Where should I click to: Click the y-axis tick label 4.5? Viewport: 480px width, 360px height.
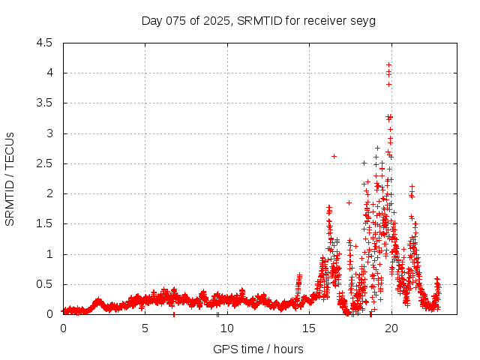[43, 43]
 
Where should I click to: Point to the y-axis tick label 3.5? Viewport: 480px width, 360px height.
[43, 103]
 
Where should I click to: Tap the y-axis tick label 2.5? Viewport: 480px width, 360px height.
[43, 163]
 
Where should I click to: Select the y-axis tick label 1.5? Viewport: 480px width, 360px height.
[43, 223]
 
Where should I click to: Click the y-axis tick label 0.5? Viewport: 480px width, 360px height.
[43, 284]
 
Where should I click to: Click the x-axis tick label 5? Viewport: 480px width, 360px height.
[145, 328]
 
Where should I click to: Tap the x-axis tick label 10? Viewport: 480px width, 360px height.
[227, 328]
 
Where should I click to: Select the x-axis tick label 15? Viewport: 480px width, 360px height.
[309, 328]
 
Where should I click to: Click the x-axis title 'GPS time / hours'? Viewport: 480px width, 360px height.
[258, 349]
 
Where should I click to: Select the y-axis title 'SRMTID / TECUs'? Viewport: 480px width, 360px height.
[10, 178]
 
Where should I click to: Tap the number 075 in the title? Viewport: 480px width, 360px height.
[175, 20]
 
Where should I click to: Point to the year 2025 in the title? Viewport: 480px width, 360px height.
[218, 20]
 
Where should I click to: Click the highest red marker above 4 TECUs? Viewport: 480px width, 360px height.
[388, 64]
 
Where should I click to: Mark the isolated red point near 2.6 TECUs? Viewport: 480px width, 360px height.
[334, 156]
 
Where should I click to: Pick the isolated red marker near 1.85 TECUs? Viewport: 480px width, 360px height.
[349, 202]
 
